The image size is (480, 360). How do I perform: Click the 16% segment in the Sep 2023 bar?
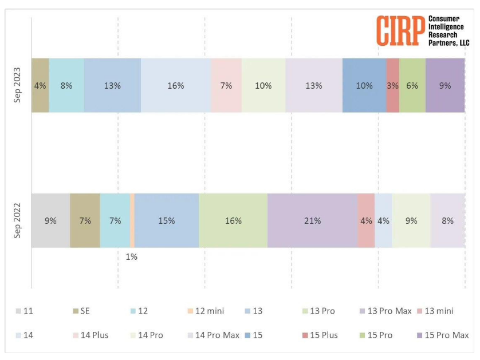coord(176,86)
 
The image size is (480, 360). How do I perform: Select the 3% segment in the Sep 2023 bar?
coord(392,86)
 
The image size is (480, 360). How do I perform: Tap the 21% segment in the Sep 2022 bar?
coord(312,220)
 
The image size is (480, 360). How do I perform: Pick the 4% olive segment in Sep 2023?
coord(40,86)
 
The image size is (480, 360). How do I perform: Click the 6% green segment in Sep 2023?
coord(412,86)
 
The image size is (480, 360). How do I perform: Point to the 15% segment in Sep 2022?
coord(167,220)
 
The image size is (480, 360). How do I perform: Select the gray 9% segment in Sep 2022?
coord(50,220)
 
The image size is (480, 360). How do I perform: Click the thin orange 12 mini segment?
coord(132,220)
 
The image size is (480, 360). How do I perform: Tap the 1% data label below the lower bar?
coord(132,257)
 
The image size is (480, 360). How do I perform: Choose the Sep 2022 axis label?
coord(18,221)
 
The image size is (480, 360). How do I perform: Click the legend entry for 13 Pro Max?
coord(385,311)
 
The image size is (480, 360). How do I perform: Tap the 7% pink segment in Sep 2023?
coord(226,86)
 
